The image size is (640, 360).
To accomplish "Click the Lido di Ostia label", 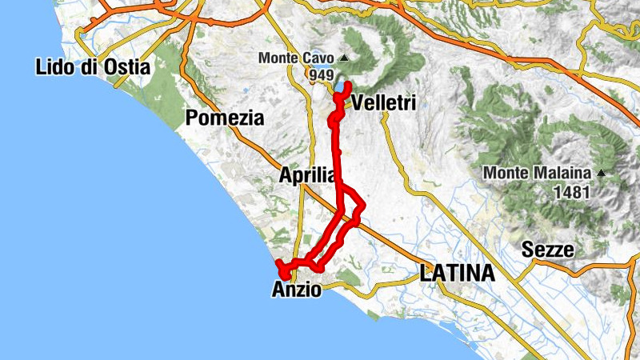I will pyautogui.click(x=93, y=67).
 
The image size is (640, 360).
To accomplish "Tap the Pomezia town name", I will pyautogui.click(x=224, y=118).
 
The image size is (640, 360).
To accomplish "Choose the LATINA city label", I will pyautogui.click(x=457, y=274).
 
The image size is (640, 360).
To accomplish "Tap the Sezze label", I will pyautogui.click(x=548, y=249).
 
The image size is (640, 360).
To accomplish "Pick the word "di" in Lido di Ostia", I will pyautogui.click(x=85, y=67).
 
